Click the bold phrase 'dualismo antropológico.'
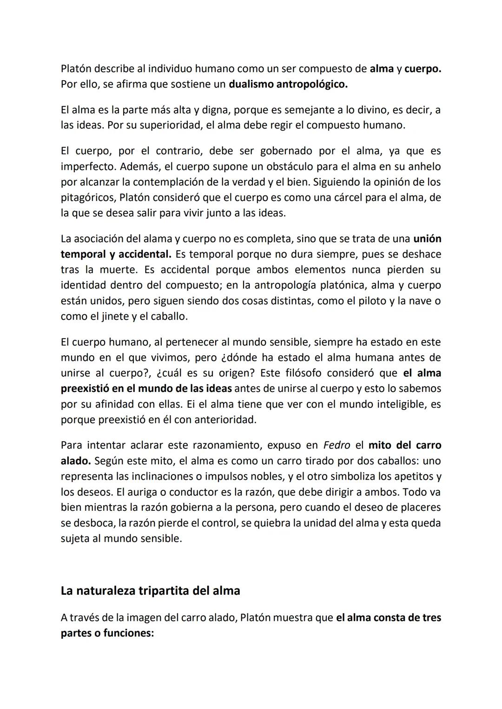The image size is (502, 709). click(288, 85)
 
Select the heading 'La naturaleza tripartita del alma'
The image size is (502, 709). click(150, 591)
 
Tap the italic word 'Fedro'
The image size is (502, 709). click(337, 445)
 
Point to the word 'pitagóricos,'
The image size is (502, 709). click(88, 197)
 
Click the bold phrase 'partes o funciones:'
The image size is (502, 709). click(107, 633)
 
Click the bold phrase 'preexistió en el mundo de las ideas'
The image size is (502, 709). click(147, 388)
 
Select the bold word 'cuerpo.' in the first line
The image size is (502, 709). click(423, 69)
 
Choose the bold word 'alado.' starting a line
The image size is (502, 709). click(75, 461)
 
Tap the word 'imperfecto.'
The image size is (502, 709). click(88, 166)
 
